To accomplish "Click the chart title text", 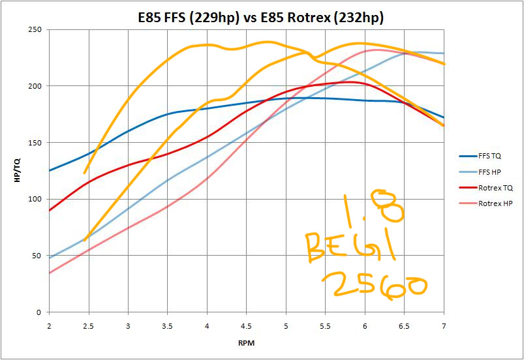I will (262, 18).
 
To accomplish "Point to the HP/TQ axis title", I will (17, 171).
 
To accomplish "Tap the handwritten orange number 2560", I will (375, 286).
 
